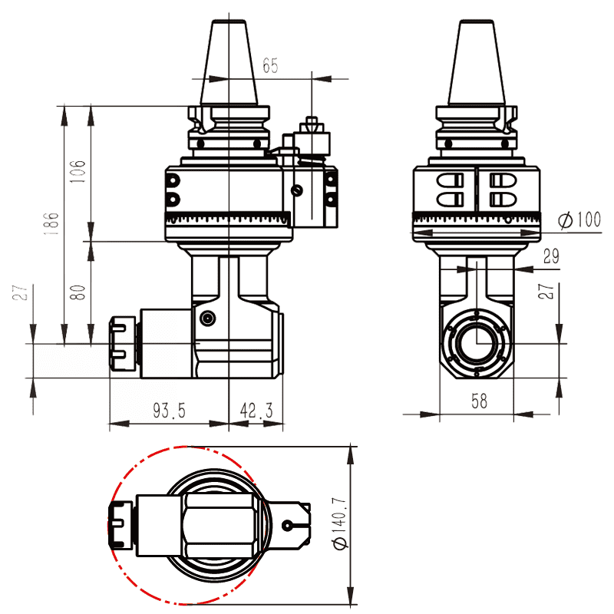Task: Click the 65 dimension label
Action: [x=270, y=65]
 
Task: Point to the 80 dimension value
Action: [x=77, y=292]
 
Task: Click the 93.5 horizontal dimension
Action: [x=168, y=411]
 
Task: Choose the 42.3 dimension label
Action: [x=256, y=411]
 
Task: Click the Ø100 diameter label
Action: [x=579, y=220]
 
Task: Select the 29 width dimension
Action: [x=550, y=257]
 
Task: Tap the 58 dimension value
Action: [x=479, y=401]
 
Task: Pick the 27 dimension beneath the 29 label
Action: [x=547, y=292]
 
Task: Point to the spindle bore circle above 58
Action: [x=477, y=342]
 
